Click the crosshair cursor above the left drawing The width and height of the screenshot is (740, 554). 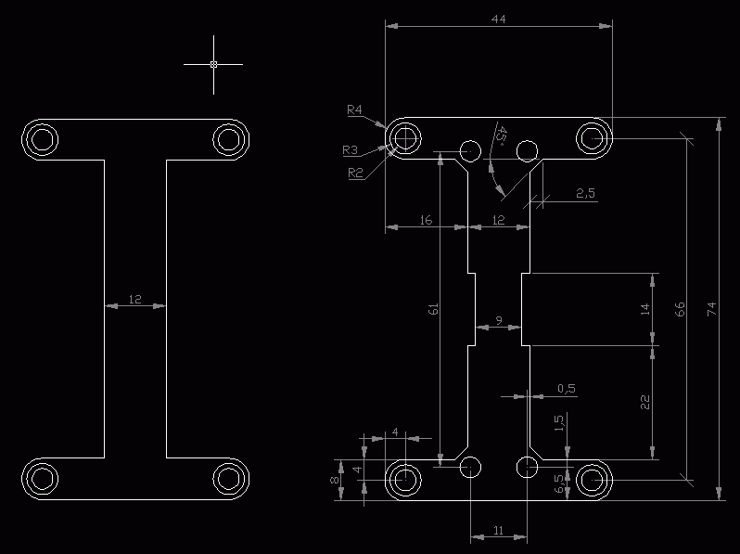pyautogui.click(x=213, y=64)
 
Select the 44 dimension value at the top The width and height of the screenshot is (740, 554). pyautogui.click(x=498, y=19)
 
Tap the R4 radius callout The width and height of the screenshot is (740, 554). pyautogui.click(x=354, y=110)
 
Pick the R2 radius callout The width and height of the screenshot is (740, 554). pyautogui.click(x=355, y=173)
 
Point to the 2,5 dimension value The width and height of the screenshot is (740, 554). pyautogui.click(x=586, y=193)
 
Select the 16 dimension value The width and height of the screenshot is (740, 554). pyautogui.click(x=426, y=220)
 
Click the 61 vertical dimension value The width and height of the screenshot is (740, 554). pyautogui.click(x=433, y=309)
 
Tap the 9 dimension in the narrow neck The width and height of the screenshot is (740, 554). pyautogui.click(x=499, y=321)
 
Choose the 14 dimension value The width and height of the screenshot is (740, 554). pyautogui.click(x=645, y=309)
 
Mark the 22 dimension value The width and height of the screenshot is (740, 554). pyautogui.click(x=645, y=403)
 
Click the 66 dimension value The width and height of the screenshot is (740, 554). pyautogui.click(x=680, y=309)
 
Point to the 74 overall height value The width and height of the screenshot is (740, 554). pyautogui.click(x=711, y=309)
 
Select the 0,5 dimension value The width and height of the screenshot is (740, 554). pyautogui.click(x=567, y=388)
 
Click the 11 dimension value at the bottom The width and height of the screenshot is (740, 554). pyautogui.click(x=498, y=531)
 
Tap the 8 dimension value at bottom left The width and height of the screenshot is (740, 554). pyautogui.click(x=335, y=480)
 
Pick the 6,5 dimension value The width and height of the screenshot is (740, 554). pyautogui.click(x=559, y=483)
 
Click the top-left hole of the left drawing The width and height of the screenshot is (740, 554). pyautogui.click(x=42, y=140)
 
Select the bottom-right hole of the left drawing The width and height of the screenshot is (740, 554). pyautogui.click(x=229, y=479)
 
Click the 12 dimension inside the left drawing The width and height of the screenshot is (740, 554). pyautogui.click(x=135, y=299)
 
